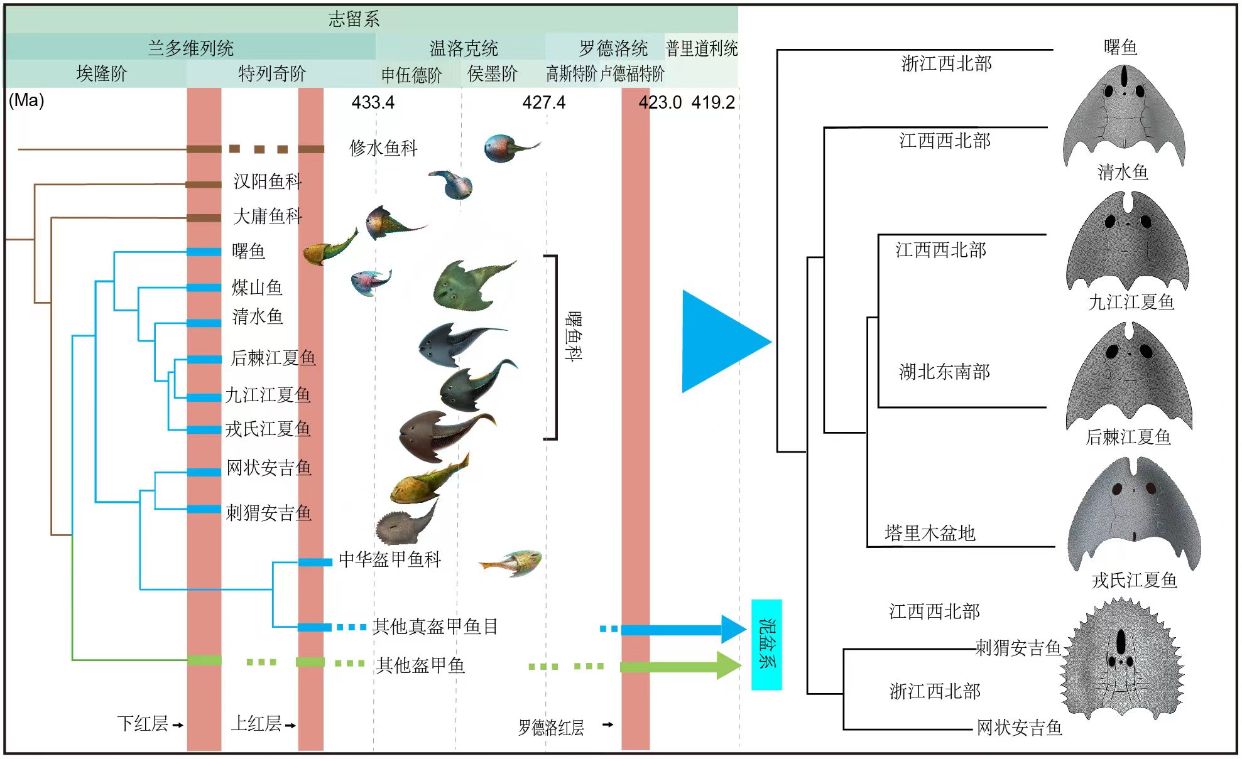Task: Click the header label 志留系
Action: pos(354,19)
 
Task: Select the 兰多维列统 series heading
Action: pos(190,48)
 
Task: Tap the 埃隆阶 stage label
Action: pos(101,74)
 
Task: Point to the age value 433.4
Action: pos(373,102)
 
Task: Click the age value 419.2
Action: pos(713,102)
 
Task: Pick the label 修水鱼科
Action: pos(383,148)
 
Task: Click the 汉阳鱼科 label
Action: pos(268,181)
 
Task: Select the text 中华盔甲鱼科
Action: pos(389,559)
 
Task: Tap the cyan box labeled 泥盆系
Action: pos(766,644)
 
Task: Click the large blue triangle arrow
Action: pos(719,342)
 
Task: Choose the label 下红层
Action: pos(143,724)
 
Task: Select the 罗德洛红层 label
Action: pos(551,728)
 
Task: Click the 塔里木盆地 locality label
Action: pos(929,533)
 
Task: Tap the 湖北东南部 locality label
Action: pos(944,372)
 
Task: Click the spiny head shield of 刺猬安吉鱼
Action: pos(1122,659)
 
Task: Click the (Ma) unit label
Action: pos(26,100)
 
